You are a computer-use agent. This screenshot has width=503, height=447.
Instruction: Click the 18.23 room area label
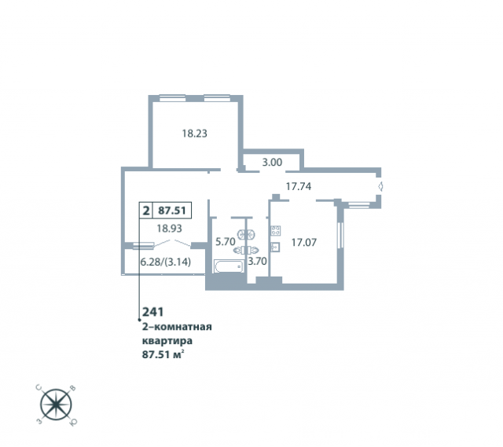click(195, 133)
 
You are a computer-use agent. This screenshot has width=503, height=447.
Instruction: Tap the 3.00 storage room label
click(272, 163)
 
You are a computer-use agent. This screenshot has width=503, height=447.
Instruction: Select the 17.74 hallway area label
click(299, 186)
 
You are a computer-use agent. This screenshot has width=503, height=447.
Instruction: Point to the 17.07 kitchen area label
click(304, 242)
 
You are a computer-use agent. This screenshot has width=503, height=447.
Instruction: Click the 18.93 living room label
click(169, 229)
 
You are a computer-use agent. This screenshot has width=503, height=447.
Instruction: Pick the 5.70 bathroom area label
click(226, 241)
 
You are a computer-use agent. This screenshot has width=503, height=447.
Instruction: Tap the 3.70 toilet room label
click(257, 262)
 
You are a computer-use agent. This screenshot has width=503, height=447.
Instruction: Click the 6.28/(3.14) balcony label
click(166, 262)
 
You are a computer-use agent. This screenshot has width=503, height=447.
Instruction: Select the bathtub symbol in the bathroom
click(229, 266)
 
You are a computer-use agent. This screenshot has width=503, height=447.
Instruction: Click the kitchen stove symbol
click(276, 230)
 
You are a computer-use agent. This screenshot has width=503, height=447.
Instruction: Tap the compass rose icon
click(56, 405)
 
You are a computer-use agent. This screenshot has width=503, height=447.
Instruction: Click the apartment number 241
click(153, 312)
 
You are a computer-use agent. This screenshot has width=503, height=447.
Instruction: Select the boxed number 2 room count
click(146, 211)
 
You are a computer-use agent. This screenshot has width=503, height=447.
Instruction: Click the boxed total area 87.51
click(172, 211)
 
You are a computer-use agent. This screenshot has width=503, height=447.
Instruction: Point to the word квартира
click(167, 341)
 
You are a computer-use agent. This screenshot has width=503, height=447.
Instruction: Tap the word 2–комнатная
click(177, 327)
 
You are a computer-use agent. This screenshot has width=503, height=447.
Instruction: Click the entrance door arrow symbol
click(380, 186)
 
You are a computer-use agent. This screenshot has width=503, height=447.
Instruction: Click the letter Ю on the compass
click(73, 423)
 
